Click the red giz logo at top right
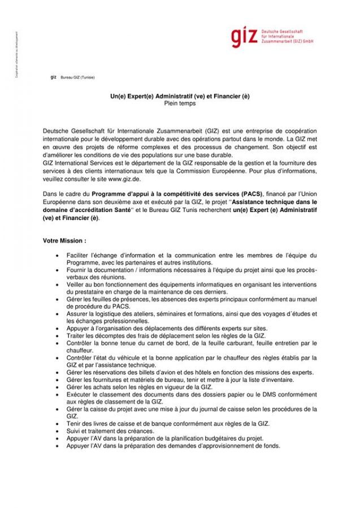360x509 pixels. [244, 37]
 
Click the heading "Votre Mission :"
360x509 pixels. [64, 240]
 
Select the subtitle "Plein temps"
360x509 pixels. [180, 103]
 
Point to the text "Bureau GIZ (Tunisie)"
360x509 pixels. [77, 77]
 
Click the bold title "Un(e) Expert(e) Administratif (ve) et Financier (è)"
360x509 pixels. [180, 97]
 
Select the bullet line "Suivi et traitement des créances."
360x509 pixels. [105, 430]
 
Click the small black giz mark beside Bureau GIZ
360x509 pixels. [53, 76]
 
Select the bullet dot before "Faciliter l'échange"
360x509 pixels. [58, 255]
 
